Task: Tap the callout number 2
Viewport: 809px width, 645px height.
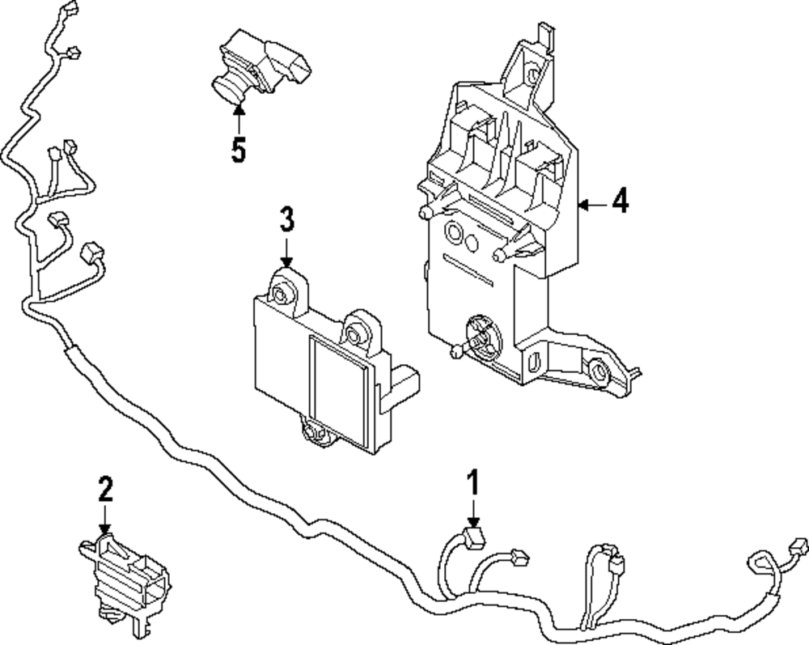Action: [105, 490]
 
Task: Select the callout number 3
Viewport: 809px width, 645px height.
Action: [287, 220]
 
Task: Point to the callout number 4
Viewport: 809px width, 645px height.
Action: [620, 201]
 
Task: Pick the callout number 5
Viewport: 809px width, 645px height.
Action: [238, 151]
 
